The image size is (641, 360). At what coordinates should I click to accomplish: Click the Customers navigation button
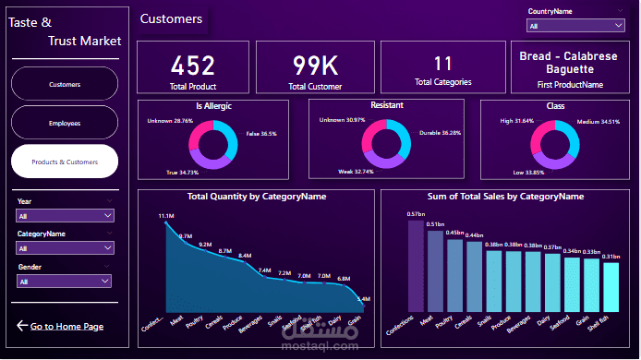pyautogui.click(x=65, y=84)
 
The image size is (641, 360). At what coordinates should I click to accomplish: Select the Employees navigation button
pyautogui.click(x=65, y=122)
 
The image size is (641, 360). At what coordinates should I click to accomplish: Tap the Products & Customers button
pyautogui.click(x=65, y=161)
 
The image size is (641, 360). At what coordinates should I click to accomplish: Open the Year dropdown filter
pyautogui.click(x=65, y=215)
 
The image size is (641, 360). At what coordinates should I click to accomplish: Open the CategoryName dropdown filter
pyautogui.click(x=65, y=248)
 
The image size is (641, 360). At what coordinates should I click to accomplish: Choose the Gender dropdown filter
pyautogui.click(x=65, y=281)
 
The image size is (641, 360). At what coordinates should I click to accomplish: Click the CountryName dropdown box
pyautogui.click(x=575, y=26)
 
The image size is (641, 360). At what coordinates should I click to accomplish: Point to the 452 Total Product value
pyautogui.click(x=193, y=66)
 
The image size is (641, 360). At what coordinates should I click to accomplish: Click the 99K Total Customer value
pyautogui.click(x=315, y=66)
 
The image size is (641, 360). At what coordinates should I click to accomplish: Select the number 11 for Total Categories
pyautogui.click(x=442, y=64)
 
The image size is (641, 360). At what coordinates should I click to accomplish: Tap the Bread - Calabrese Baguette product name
pyautogui.click(x=567, y=62)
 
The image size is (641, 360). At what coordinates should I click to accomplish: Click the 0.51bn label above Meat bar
pyautogui.click(x=435, y=224)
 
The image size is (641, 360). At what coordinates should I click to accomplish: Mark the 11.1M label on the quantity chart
pyautogui.click(x=166, y=216)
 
